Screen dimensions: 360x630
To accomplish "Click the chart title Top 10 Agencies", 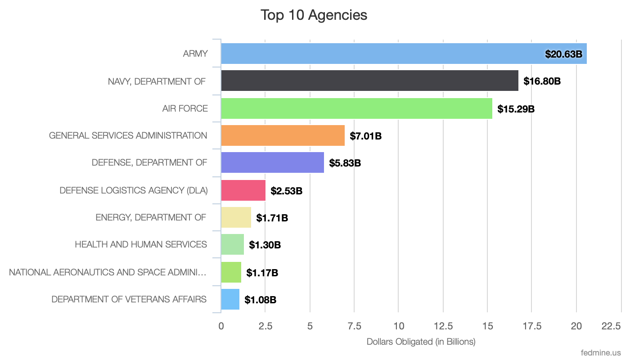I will pos(314,15).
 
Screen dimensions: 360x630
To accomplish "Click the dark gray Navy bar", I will pos(369,81).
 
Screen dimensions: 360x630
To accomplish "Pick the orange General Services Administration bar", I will pos(283,135).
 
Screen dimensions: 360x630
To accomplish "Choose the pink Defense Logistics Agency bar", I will pos(243,190).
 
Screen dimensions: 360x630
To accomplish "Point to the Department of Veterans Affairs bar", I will pos(230,299).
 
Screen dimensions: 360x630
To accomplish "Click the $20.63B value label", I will pos(563,54).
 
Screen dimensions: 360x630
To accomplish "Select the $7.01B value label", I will pos(365,136).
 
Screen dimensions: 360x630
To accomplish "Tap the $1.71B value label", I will pos(272,218).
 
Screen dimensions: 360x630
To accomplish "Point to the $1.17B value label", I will pos(262,273).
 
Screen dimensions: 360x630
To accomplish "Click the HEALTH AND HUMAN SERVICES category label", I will pos(141,244).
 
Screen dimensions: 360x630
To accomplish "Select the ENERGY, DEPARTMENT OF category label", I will pos(151,217).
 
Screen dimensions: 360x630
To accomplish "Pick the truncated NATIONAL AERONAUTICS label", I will pos(108,272).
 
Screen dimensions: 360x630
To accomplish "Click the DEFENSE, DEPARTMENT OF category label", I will pos(149,162).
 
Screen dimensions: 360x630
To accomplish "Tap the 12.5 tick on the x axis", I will pos(443,326).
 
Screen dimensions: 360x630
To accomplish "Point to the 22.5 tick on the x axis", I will pos(611,326).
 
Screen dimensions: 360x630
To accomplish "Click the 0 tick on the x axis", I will pos(221,326).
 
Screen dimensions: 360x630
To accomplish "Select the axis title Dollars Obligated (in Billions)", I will pos(421,342).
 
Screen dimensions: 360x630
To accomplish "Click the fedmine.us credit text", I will pos(601,352).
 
